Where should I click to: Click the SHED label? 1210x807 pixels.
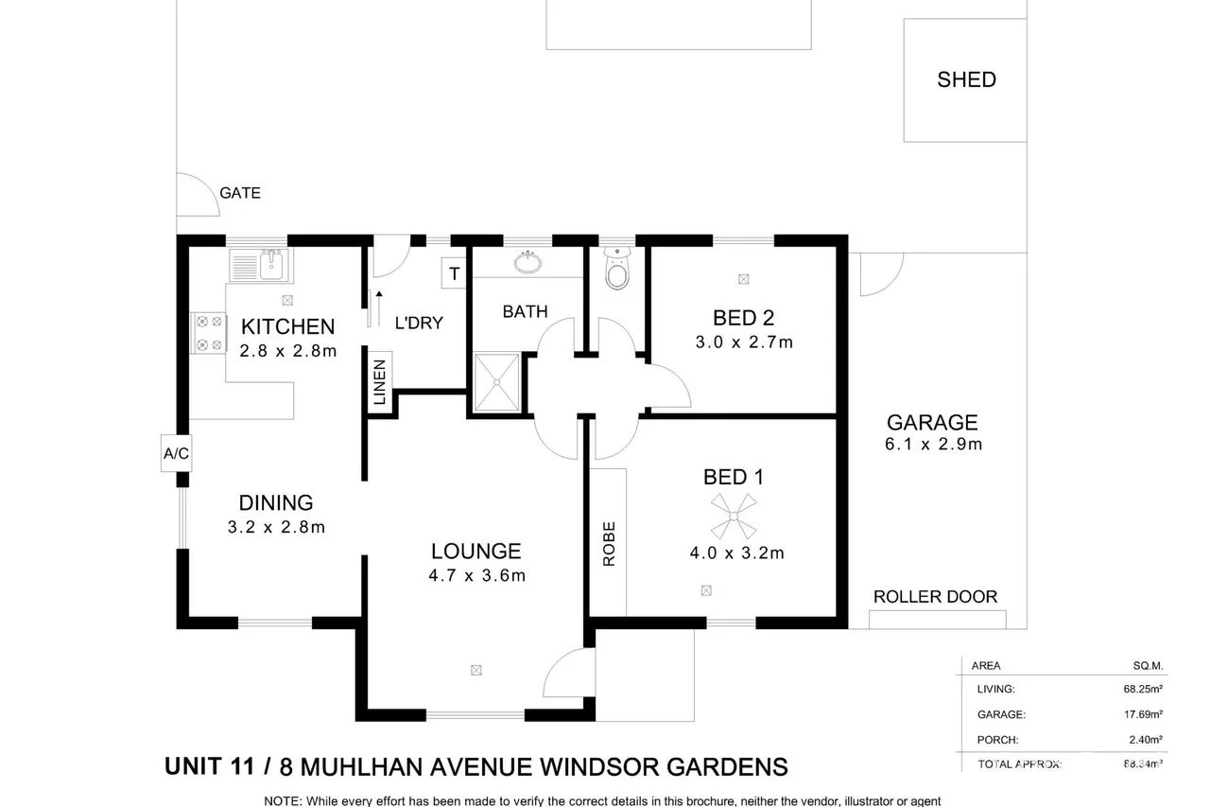966,79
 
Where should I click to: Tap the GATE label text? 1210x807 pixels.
240,193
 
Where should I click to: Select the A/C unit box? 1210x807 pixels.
176,454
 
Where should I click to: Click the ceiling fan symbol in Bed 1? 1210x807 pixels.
733,517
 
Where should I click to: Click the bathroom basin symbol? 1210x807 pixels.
526,262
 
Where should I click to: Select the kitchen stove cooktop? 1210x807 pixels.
208,333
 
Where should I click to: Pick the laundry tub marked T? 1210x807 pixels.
454,274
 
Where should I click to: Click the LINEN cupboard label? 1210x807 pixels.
380,383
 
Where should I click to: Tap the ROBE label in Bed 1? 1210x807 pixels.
609,543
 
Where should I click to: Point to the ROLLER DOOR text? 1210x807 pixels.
935,596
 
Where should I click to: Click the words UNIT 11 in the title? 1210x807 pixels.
209,765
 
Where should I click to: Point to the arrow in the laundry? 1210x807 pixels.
378,307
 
